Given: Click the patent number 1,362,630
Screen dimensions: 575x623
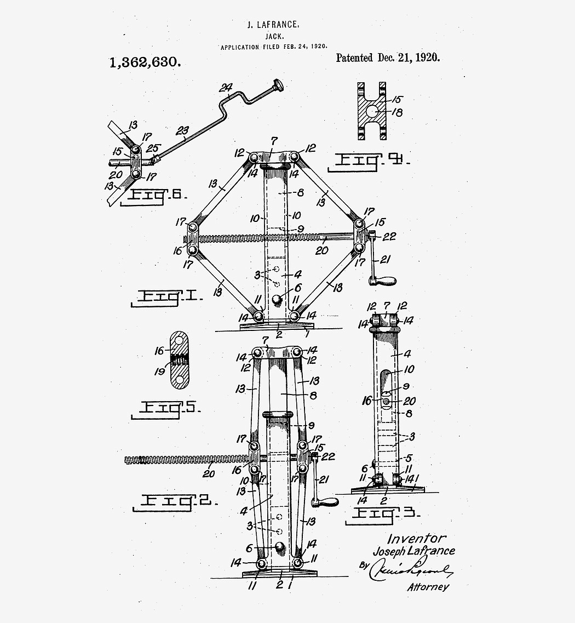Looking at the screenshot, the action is coord(145,62).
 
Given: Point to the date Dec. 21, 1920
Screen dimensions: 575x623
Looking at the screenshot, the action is coord(409,58).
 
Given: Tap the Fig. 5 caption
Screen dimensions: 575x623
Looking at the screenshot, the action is coord(165,408).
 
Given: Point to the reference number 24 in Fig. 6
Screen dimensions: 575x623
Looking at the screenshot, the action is coord(226,88).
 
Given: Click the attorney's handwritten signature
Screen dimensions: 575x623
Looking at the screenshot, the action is coord(411,572).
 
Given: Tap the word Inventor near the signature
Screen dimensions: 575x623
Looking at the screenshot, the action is coord(417,539).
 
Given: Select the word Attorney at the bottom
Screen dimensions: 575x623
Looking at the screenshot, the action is coord(428,587).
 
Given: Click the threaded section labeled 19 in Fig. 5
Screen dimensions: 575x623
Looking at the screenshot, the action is coord(179,361).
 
